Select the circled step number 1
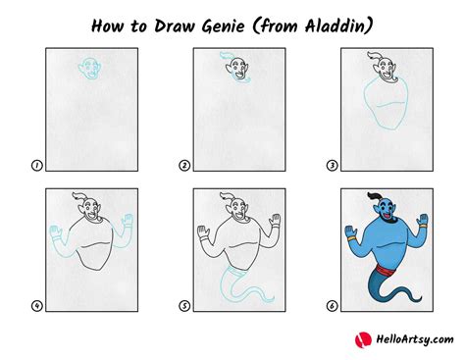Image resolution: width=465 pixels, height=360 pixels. coord(36,166)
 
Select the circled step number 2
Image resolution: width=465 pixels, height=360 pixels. coord(184,166)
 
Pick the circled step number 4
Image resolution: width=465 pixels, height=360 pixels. coord(36,306)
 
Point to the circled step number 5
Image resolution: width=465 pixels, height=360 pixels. coord(184,306)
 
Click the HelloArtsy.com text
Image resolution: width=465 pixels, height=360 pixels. coord(403,339)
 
